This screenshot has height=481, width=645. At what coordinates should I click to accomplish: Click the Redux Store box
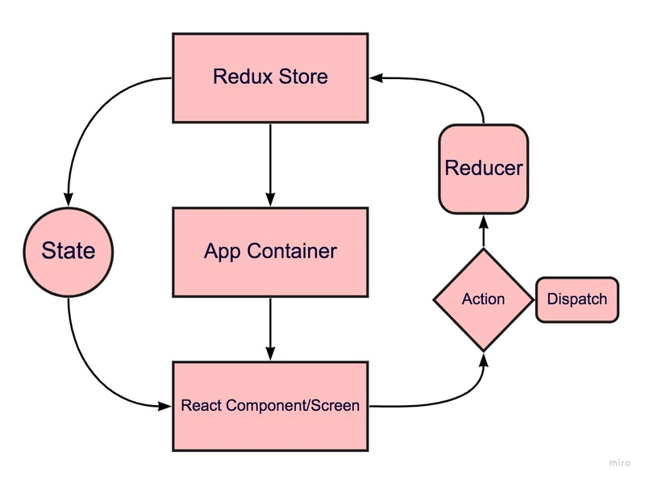point(270,78)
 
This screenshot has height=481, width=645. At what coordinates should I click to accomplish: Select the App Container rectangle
point(270,252)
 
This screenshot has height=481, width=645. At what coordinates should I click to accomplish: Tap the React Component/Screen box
point(270,406)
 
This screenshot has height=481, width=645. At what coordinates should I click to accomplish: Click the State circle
point(68,251)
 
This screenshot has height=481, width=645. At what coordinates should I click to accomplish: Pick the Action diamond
point(484,299)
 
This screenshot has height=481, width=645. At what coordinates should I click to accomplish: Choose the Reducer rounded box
point(484,169)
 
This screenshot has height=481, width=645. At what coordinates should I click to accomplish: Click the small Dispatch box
point(576,299)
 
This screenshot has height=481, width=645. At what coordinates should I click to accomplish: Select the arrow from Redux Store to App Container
point(270,165)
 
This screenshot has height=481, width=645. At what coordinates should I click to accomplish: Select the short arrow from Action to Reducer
point(484,231)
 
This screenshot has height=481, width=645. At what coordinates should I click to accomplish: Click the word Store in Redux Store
point(302,78)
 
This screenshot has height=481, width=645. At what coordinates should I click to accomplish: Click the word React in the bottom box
point(198,406)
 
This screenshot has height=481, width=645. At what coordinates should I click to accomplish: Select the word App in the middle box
point(219,252)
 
